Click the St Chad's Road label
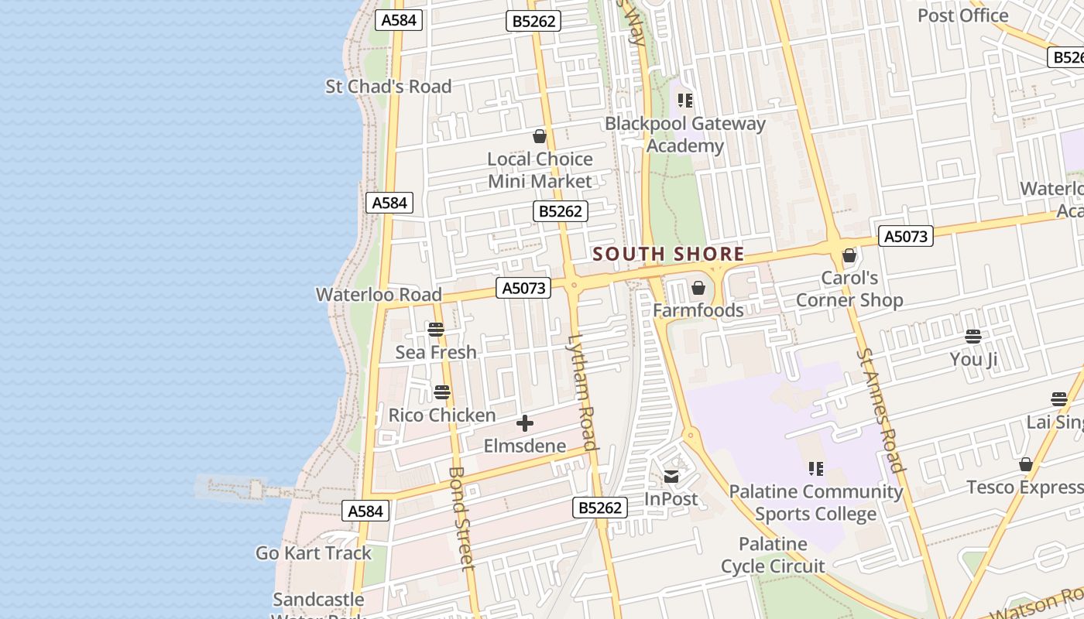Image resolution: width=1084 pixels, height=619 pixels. tap(388, 87)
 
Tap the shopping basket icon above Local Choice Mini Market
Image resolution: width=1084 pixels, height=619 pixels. tap(540, 137)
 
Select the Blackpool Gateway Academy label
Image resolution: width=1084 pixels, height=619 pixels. tap(684, 135)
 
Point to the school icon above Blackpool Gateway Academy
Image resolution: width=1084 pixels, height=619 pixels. tap(685, 101)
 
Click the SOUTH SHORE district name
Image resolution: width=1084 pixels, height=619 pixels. tap(668, 254)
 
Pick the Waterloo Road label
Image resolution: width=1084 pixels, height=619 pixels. tap(379, 295)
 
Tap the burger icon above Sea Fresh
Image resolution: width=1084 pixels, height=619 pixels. tap(436, 330)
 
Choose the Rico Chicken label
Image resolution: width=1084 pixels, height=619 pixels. tap(442, 416)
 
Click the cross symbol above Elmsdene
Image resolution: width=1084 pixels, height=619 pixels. tap(525, 423)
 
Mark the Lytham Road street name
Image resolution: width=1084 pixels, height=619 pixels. tap(583, 392)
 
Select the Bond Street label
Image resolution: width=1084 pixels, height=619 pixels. tap(461, 518)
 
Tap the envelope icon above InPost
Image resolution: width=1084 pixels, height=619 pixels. tap(671, 477)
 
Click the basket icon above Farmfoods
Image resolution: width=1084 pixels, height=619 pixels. tap(698, 289)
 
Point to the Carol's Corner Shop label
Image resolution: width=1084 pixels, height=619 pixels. tap(849, 289)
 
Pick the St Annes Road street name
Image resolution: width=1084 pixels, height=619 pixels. tap(881, 410)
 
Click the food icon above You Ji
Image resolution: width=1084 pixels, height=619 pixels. tap(973, 337)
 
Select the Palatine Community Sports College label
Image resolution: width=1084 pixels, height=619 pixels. tap(816, 503)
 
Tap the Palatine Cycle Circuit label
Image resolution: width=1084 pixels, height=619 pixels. tap(773, 556)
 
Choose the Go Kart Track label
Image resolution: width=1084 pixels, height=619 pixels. tap(314, 553)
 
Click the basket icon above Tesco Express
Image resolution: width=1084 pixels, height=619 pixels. tap(1026, 465)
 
